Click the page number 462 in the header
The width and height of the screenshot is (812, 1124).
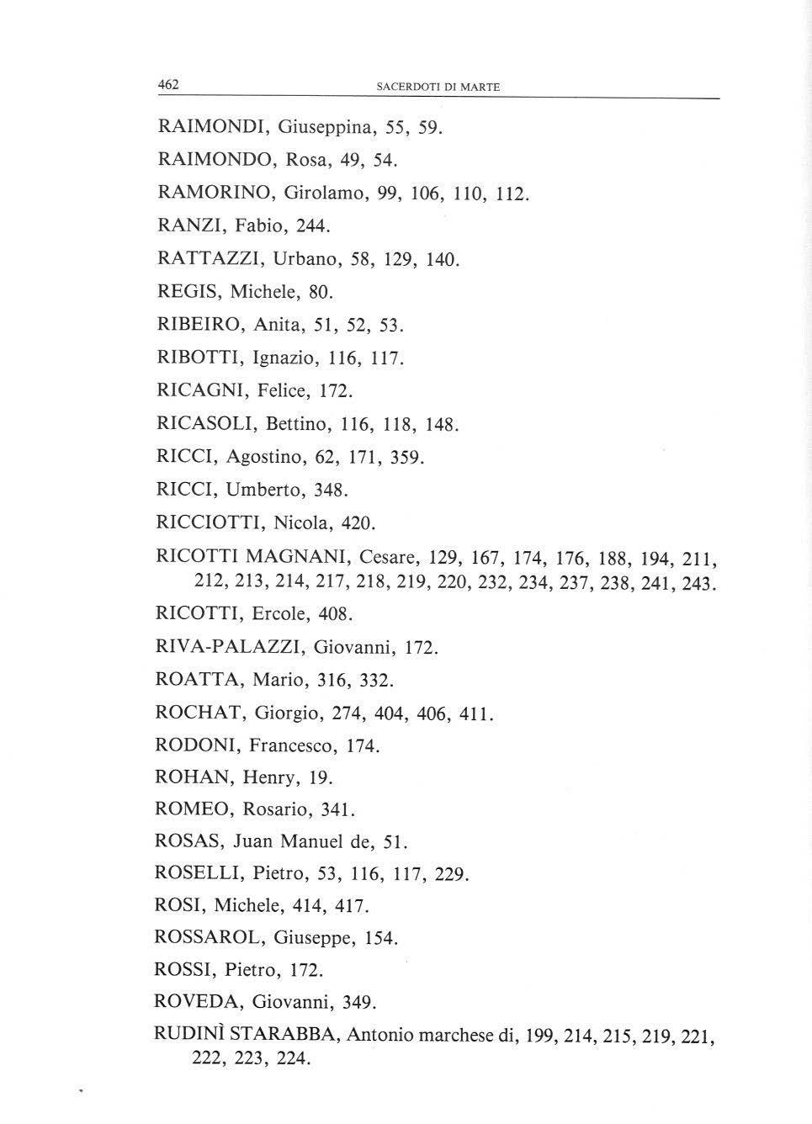point(169,84)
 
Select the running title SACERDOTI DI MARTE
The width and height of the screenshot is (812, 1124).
point(438,87)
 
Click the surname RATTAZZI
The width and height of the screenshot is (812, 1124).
point(210,258)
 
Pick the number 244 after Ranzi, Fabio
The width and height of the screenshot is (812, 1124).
point(313,225)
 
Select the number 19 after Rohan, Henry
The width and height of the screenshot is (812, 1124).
point(319,778)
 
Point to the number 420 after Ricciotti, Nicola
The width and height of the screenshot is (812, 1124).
point(357,523)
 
